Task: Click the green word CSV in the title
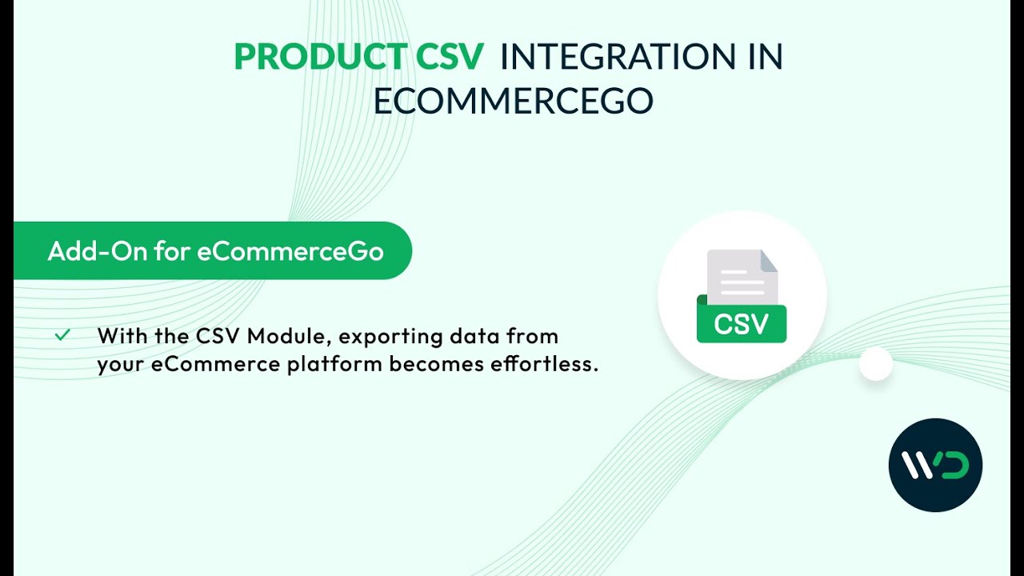tap(450, 57)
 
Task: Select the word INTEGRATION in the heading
tap(617, 57)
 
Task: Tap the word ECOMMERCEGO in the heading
tap(513, 101)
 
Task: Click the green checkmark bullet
tap(62, 335)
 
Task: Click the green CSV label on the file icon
tap(742, 324)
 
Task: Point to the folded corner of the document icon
tap(769, 260)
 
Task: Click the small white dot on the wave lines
tap(875, 364)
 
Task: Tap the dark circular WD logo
tap(935, 465)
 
